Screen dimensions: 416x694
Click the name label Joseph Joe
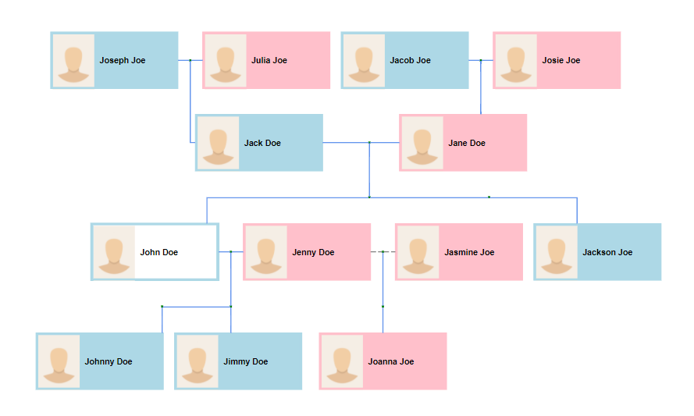[122, 61]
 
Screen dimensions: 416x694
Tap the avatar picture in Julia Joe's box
[226, 60]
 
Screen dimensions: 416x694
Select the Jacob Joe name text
[410, 61]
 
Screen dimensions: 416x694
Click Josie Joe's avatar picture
[515, 60]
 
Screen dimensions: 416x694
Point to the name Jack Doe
[262, 144]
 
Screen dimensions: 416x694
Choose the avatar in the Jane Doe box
[422, 143]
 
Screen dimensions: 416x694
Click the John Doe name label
[158, 253]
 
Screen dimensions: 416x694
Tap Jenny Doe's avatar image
[266, 252]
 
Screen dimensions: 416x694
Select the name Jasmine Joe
[469, 253]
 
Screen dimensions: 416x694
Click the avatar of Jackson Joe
[557, 252]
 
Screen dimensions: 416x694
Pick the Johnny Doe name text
[109, 362]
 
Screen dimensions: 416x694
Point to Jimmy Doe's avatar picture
[197, 361]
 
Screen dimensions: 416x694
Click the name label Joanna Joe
[391, 362]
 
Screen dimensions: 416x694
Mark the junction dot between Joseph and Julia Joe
[190, 60]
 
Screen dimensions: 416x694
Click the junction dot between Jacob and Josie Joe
[481, 60]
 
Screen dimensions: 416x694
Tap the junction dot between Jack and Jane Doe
[369, 143]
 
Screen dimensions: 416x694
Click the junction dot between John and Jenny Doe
[231, 252]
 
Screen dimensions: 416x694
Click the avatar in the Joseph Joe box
[73, 60]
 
